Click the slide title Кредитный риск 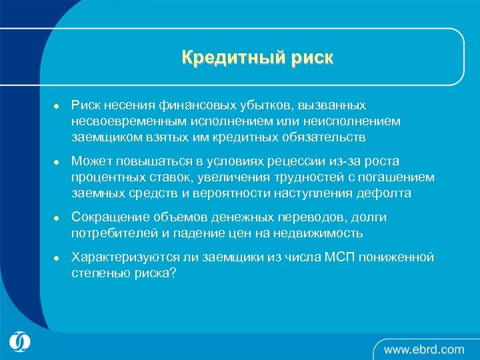tap(257, 58)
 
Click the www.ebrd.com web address tap(423, 348)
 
